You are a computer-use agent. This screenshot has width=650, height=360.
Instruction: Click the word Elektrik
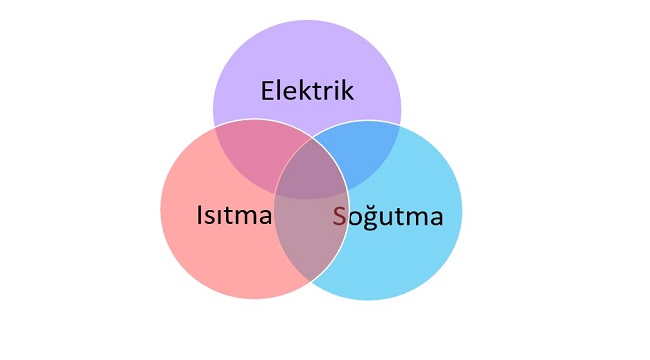[307, 91]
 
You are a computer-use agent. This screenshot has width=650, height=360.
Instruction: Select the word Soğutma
[387, 215]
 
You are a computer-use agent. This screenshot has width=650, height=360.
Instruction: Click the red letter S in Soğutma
[340, 215]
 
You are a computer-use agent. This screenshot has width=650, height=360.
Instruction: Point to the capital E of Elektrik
[268, 91]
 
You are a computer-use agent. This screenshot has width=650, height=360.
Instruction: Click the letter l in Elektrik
[280, 90]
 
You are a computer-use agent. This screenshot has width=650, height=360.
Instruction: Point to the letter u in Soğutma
[388, 216]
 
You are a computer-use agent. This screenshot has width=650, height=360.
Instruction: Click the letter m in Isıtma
[248, 216]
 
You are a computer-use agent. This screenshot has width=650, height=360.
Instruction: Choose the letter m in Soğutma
[415, 216]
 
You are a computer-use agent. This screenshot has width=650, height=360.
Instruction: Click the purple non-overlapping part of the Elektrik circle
[307, 60]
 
